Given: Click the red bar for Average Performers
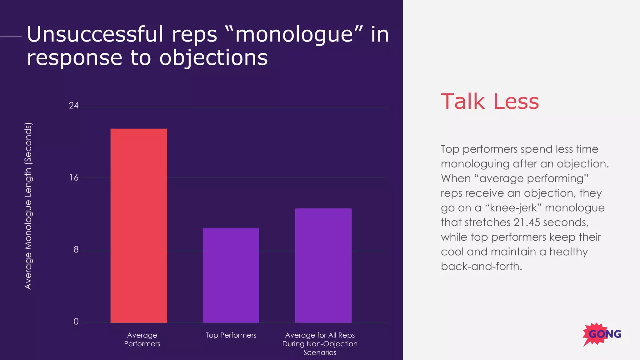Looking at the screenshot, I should (x=138, y=225).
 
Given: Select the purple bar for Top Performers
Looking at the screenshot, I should (x=231, y=275).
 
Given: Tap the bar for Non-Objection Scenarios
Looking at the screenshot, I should (x=323, y=265).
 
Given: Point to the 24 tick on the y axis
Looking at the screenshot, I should (x=74, y=106).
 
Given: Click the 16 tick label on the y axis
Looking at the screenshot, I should (x=74, y=178).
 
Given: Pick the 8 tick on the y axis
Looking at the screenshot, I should (x=76, y=250).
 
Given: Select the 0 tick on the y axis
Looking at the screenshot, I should (x=76, y=322).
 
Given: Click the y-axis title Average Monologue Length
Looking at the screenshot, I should (x=28, y=206).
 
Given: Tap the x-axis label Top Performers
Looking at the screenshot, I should (x=231, y=335).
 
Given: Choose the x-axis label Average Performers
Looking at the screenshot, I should (x=142, y=339).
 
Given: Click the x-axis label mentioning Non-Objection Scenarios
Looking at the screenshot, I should (x=320, y=344).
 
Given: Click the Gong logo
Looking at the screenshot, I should (x=602, y=334).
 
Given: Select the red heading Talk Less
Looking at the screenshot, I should (x=490, y=102).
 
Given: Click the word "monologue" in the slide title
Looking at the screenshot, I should (x=294, y=34).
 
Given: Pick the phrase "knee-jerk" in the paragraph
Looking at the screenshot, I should (x=513, y=208).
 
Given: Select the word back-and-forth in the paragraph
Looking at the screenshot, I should (x=481, y=267).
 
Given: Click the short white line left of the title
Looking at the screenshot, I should (x=11, y=36).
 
